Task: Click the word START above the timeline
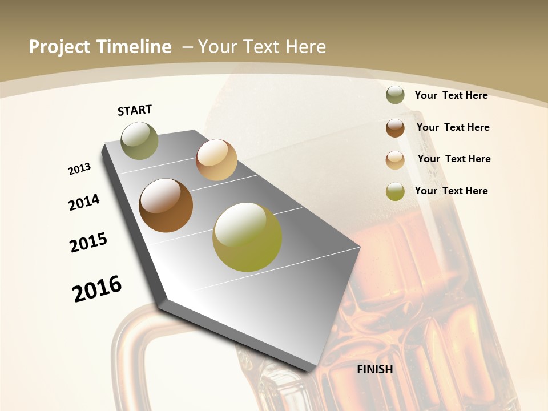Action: coord(135,110)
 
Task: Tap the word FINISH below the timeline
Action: coord(375,369)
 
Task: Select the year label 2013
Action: coord(80,169)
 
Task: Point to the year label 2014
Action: coord(84,202)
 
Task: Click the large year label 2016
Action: coord(97,288)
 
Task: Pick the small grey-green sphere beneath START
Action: coord(139,140)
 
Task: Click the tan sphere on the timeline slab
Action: coord(216,160)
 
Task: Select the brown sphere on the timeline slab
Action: coord(166,205)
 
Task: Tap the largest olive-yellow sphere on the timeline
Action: coord(247,237)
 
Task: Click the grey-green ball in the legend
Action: coord(395,95)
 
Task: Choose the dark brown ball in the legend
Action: coord(395,128)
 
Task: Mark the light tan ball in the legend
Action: coord(395,160)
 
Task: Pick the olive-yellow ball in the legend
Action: coord(395,191)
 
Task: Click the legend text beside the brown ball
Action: coord(453,127)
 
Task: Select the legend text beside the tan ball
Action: coord(454,159)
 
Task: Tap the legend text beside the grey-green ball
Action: coord(451,95)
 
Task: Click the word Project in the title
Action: coord(59,47)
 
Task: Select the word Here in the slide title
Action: coord(305,47)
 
